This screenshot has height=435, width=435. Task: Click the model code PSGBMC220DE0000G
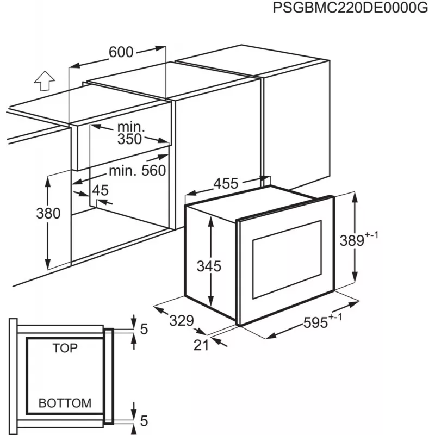[350, 8]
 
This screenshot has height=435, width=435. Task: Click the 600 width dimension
[121, 52]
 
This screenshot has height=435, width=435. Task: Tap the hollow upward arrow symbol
[45, 80]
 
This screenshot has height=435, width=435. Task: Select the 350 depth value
[129, 139]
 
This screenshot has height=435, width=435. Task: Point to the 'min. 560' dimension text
[138, 170]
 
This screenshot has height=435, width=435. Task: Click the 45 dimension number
[100, 190]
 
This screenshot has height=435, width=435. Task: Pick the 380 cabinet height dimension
[48, 213]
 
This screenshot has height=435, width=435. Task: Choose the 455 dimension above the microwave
[226, 183]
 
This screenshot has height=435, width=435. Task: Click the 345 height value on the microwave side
[209, 266]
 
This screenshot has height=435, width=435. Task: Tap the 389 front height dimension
[352, 240]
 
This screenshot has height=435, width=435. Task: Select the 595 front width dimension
[315, 322]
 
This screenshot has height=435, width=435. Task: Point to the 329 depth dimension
[182, 320]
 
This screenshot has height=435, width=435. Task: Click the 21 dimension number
[201, 345]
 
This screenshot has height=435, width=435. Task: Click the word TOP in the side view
[65, 348]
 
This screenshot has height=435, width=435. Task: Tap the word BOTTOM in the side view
[65, 403]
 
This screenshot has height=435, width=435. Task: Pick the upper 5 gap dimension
[144, 329]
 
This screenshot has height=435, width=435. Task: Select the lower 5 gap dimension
[144, 421]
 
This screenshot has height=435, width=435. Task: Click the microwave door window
[287, 259]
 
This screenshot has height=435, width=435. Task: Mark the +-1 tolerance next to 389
[371, 235]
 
